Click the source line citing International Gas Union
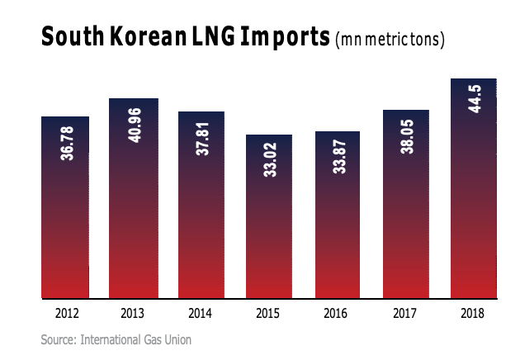116,339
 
